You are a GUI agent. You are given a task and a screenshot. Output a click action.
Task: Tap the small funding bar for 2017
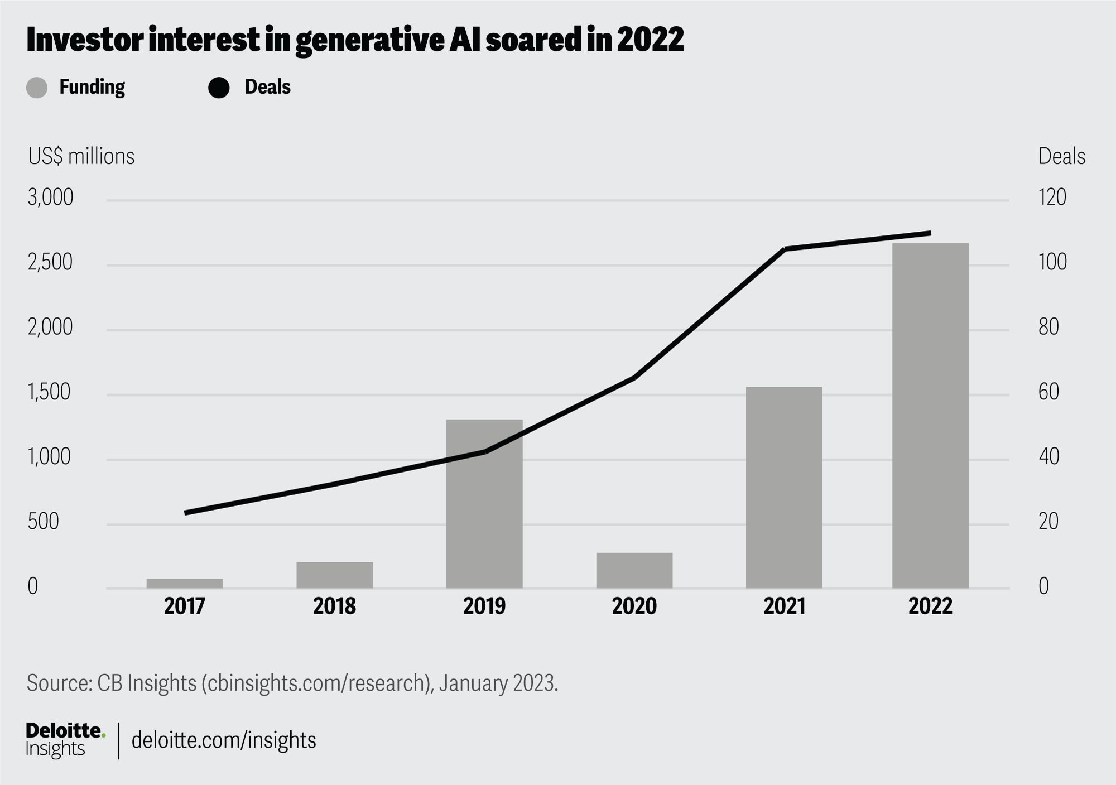pos(185,583)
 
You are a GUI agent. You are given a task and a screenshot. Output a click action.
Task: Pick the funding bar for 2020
pos(634,570)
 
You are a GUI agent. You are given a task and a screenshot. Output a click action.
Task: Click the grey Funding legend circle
pos(37,88)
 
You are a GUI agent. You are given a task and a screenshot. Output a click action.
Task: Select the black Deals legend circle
pos(219,88)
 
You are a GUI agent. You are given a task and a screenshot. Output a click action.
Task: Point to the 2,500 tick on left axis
pos(50,262)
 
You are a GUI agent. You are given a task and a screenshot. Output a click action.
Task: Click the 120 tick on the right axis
pos(1052,198)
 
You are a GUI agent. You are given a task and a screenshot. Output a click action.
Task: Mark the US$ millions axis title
pos(81,157)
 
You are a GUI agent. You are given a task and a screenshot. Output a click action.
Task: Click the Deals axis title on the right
pos(1061,157)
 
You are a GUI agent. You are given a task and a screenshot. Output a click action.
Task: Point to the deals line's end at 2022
pos(930,233)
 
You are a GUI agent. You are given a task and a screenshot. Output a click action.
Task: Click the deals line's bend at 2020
pos(634,378)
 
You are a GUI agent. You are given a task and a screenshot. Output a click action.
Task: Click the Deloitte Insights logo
pos(65,739)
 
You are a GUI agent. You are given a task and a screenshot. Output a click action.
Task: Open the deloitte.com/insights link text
pos(224,740)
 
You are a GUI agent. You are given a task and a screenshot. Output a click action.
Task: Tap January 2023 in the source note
pos(497,683)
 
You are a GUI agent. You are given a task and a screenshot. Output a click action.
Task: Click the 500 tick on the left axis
pos(44,522)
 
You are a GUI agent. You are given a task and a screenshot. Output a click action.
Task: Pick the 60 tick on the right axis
pos(1048,392)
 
